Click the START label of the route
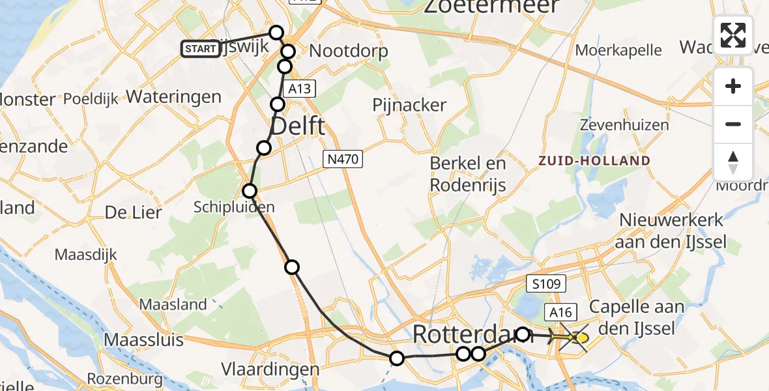click(x=200, y=49)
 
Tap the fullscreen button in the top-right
click(x=733, y=35)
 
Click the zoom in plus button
click(x=733, y=87)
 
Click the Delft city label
click(x=297, y=126)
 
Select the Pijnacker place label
click(x=409, y=105)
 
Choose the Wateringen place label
click(x=173, y=97)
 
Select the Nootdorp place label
click(x=349, y=51)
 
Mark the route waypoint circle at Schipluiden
click(x=250, y=191)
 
